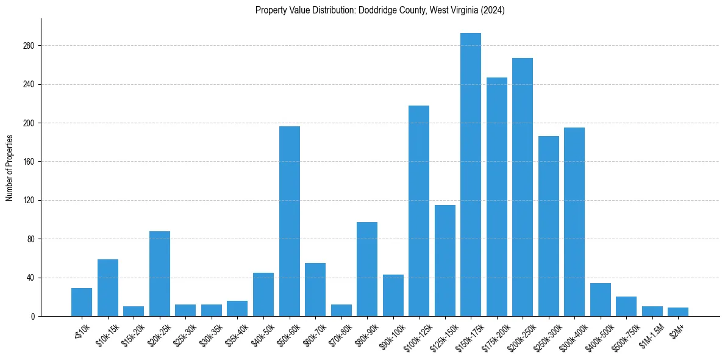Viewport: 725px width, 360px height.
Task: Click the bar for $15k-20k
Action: pos(134,311)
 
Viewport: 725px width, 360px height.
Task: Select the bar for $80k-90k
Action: pos(367,269)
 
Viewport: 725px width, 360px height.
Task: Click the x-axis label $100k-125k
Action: pos(416,336)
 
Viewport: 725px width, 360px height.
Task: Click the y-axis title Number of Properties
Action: pos(9,168)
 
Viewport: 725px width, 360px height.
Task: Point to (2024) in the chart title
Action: pos(493,10)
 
